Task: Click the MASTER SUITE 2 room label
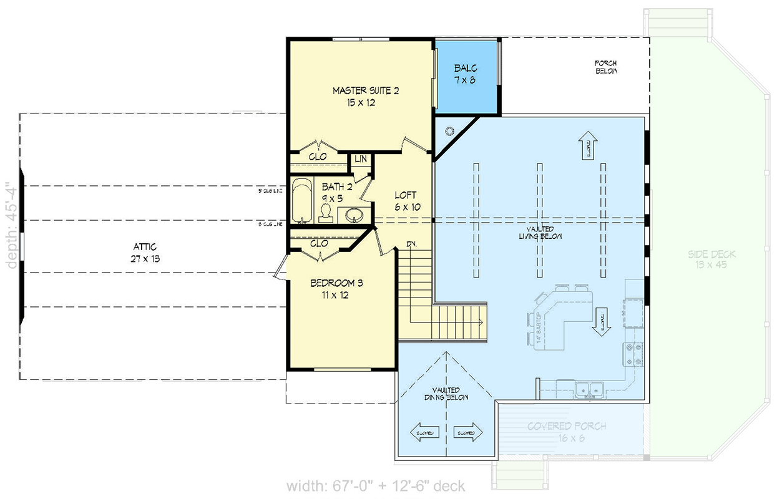pyautogui.click(x=365, y=97)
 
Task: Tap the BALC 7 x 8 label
pyautogui.click(x=465, y=74)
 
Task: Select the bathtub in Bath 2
pyautogui.click(x=303, y=201)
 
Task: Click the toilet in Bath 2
pyautogui.click(x=325, y=214)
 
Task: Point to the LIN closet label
pyautogui.click(x=360, y=160)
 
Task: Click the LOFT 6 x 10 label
pyautogui.click(x=405, y=200)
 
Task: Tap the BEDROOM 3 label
pyautogui.click(x=337, y=289)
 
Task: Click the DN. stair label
pyautogui.click(x=412, y=244)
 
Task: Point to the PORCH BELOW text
pyautogui.click(x=605, y=67)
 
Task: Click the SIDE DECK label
pyautogui.click(x=711, y=259)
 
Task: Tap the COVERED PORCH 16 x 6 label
pyautogui.click(x=566, y=432)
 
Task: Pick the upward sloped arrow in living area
pyautogui.click(x=587, y=145)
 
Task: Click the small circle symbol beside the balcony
pyautogui.click(x=449, y=130)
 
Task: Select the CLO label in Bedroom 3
pyautogui.click(x=319, y=244)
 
